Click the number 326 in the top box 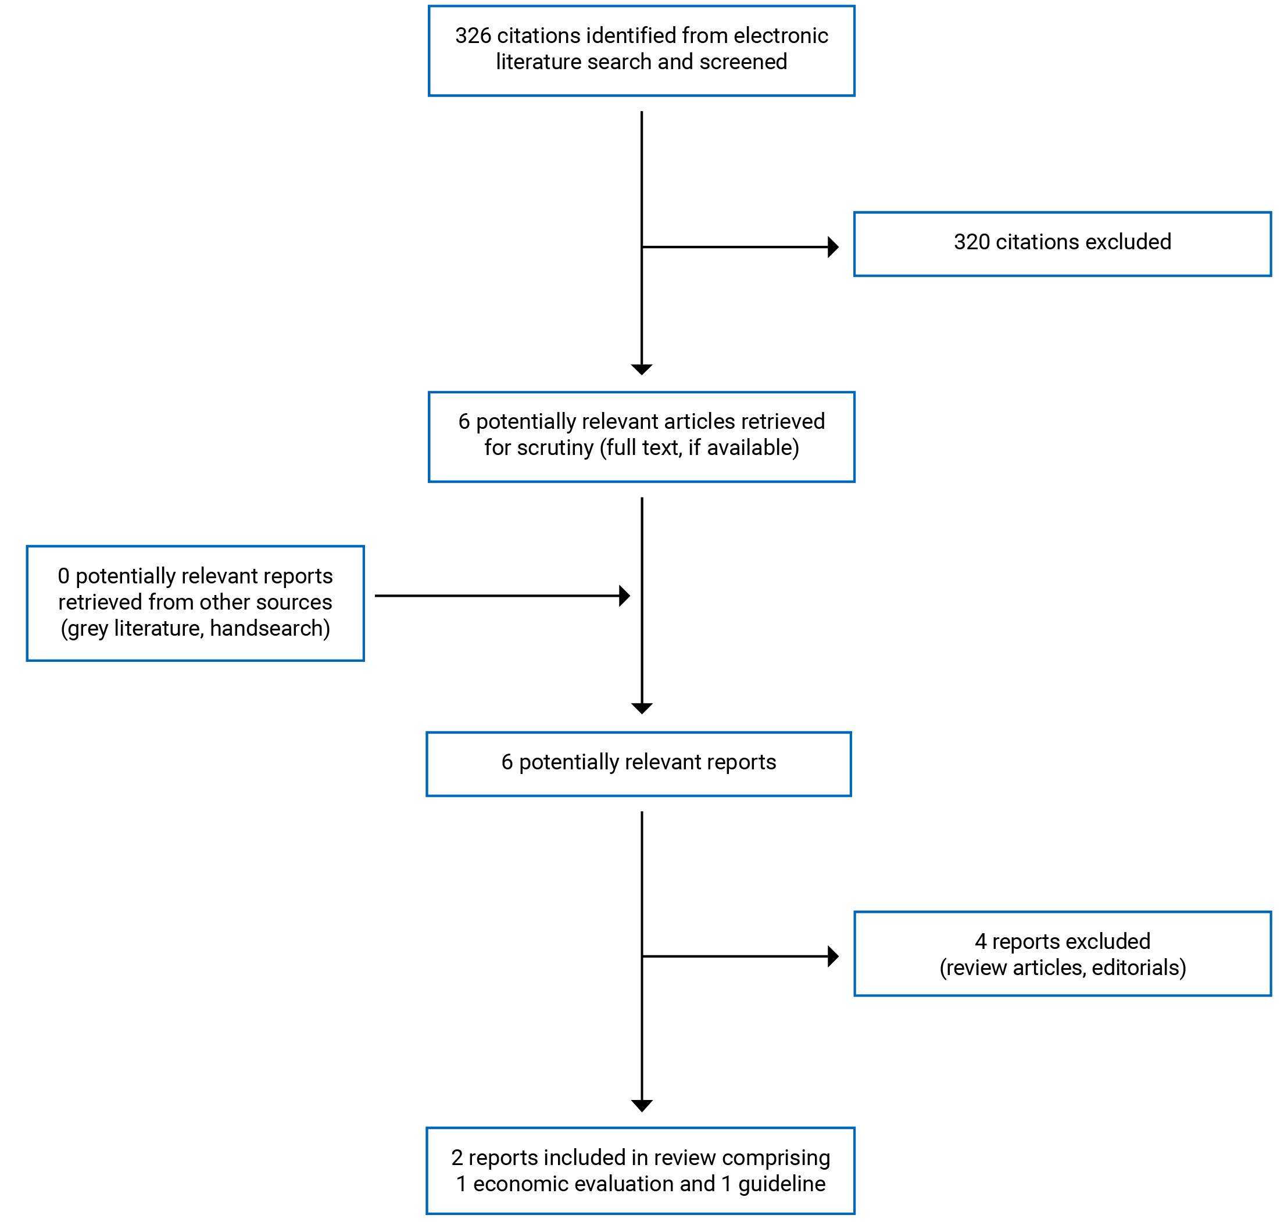[x=473, y=36]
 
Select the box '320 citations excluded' [x=1062, y=244]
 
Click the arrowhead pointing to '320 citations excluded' [x=832, y=247]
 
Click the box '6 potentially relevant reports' [x=638, y=764]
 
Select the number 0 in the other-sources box [x=63, y=576]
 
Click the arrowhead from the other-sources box [x=624, y=596]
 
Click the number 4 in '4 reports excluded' [x=981, y=942]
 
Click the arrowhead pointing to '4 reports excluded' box [x=832, y=956]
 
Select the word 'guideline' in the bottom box [x=782, y=1184]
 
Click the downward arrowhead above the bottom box [x=642, y=1105]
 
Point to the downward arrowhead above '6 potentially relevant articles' [x=642, y=370]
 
